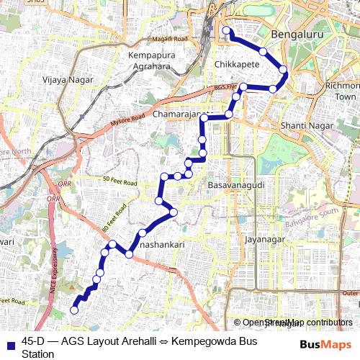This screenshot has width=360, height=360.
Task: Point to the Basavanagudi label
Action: pyautogui.click(x=233, y=186)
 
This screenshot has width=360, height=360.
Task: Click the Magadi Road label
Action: pyautogui.click(x=170, y=38)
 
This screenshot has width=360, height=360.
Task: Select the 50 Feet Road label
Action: pyautogui.click(x=120, y=181)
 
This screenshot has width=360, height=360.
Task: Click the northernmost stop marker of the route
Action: pyautogui.click(x=226, y=30)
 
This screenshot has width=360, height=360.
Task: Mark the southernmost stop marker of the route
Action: pyautogui.click(x=73, y=310)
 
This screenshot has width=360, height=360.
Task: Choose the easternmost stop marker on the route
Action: pyautogui.click(x=284, y=70)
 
